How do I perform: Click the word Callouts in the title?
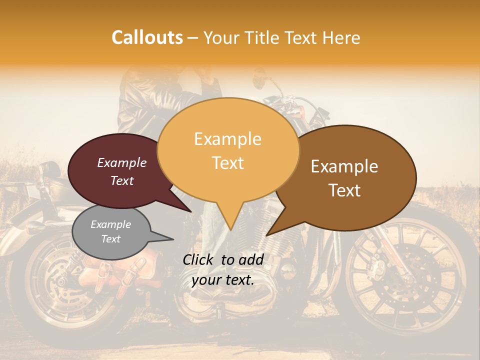pyautogui.click(x=147, y=37)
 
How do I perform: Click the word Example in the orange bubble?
pyautogui.click(x=227, y=139)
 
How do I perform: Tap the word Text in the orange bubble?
pyautogui.click(x=227, y=162)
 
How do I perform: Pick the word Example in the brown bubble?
pyautogui.click(x=344, y=166)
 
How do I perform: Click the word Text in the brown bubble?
pyautogui.click(x=345, y=190)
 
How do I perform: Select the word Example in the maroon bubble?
pyautogui.click(x=122, y=162)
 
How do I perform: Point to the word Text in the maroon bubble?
pyautogui.click(x=122, y=180)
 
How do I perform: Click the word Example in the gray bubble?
pyautogui.click(x=111, y=224)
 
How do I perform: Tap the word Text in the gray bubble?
pyautogui.click(x=111, y=239)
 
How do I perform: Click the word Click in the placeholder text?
pyautogui.click(x=199, y=259)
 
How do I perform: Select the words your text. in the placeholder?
pyautogui.click(x=223, y=280)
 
